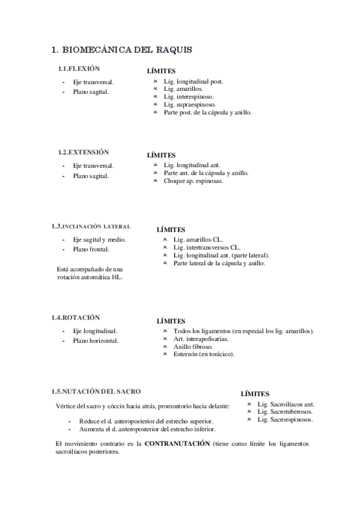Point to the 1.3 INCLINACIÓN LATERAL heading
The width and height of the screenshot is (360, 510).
91,227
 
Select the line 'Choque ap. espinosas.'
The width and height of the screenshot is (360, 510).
193,180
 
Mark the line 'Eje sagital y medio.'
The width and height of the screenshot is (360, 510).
99,239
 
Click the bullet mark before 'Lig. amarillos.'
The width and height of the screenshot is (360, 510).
155,88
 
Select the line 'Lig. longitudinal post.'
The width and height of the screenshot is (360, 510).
193,81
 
